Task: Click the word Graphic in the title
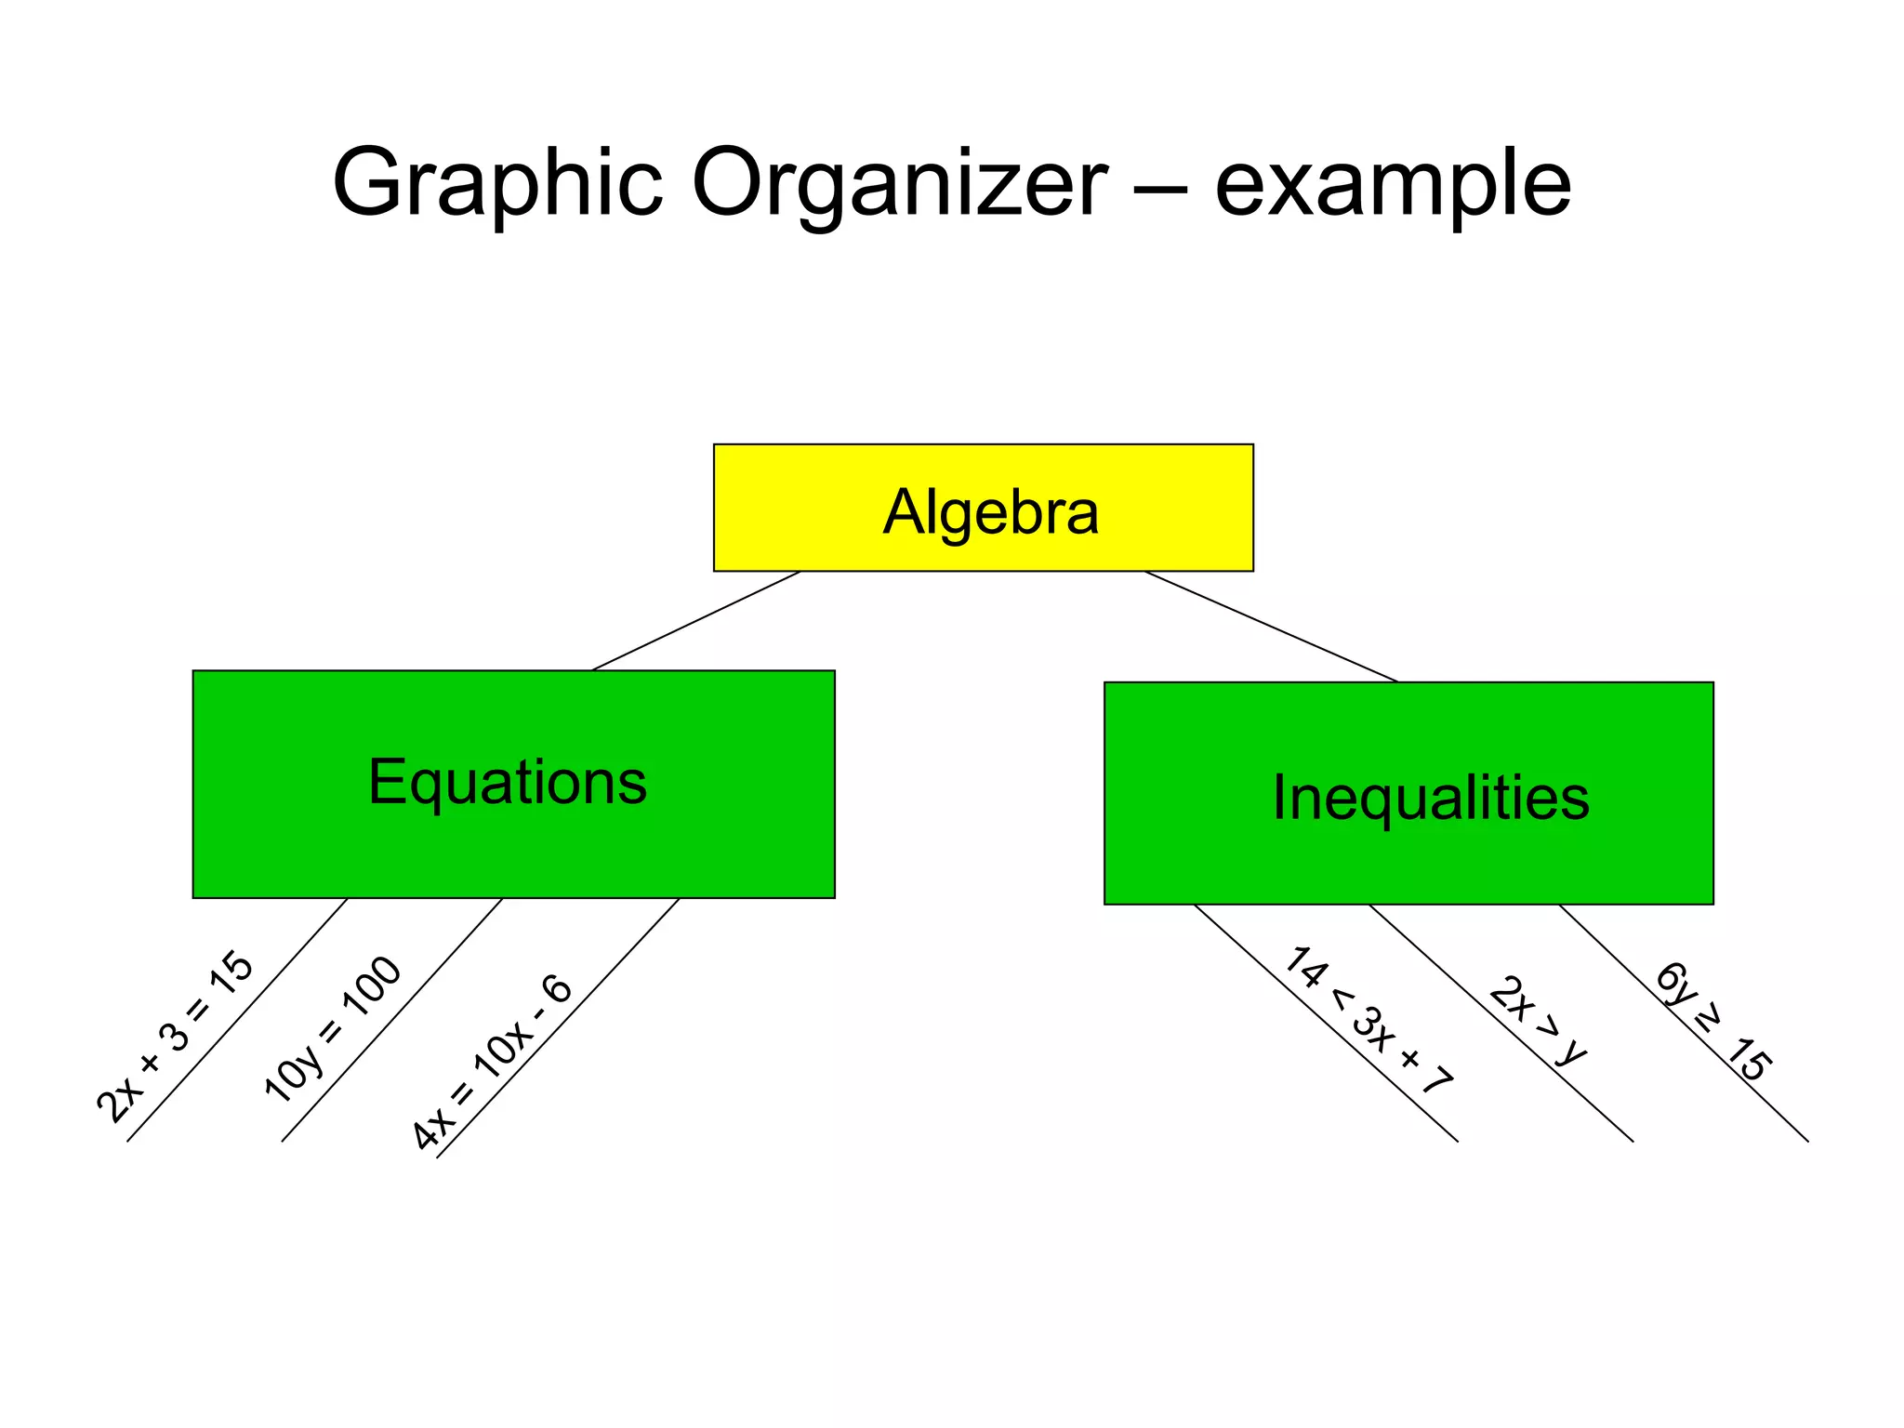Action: click(497, 184)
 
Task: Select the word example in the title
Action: click(1392, 184)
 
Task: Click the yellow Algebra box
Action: click(983, 508)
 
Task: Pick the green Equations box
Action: click(513, 784)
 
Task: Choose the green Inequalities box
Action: click(1408, 793)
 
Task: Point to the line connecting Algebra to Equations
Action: click(696, 620)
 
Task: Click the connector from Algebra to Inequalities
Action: click(1271, 626)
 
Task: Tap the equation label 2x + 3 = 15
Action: click(175, 1037)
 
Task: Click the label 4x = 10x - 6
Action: click(492, 1063)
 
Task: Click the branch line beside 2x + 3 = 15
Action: click(238, 1019)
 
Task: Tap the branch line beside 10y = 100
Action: click(392, 1019)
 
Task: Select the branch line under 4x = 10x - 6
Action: click(558, 1028)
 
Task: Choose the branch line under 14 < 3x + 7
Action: click(1326, 1023)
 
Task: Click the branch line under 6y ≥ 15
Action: click(1684, 1023)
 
